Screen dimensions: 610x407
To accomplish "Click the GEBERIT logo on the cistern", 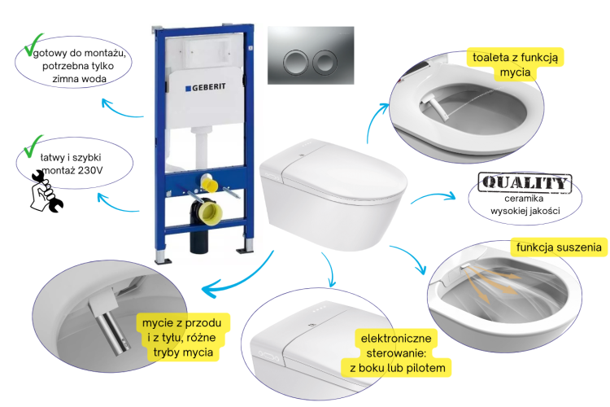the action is coord(206,87).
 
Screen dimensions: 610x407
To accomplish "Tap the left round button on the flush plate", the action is coord(296,62).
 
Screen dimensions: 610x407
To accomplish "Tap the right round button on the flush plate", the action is coord(325,62).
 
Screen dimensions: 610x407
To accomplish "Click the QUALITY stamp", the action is coord(525,182).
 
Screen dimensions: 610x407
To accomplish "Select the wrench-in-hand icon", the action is coord(46,191).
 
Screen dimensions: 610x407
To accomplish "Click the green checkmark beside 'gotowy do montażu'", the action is coord(33,45).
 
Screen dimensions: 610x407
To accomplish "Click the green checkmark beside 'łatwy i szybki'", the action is coord(33,146).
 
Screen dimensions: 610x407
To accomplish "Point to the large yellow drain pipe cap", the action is coord(210,212).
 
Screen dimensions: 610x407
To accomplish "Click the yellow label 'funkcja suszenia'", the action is coord(559,247).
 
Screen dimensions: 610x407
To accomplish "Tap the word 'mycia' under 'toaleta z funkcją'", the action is coord(515,72).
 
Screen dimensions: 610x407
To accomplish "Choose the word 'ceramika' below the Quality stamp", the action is coord(524,199).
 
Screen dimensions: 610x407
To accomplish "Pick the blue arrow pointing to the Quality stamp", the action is coord(433,196).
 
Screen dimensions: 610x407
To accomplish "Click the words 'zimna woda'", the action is coord(80,79).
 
